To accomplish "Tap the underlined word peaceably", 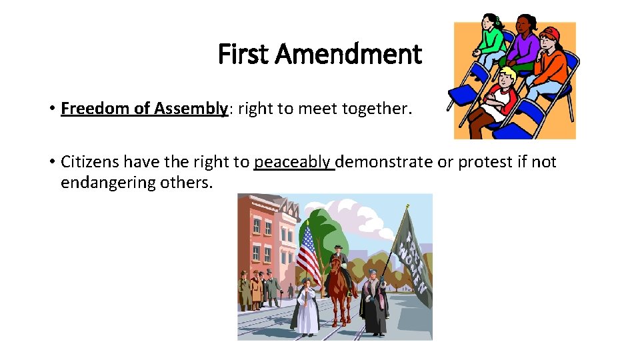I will click(293, 162).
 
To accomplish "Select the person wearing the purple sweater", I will click(527, 50).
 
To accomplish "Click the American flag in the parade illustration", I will click(308, 253).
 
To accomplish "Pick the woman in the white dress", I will click(307, 307).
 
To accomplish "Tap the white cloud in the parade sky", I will click(360, 213).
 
